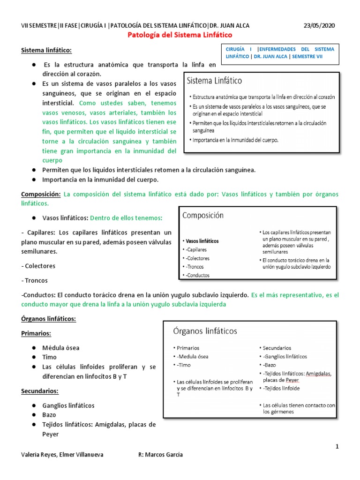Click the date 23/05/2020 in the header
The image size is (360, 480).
coord(320,25)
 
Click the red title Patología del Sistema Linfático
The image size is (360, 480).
coord(180,35)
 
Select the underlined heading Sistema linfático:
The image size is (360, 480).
coord(47,50)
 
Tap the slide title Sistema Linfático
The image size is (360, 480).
coord(215,81)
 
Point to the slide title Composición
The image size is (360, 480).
coord(202,216)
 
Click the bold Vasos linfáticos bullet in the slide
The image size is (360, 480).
coord(202,241)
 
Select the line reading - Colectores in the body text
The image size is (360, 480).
coord(38,266)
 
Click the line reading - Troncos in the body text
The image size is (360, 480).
coord(35,280)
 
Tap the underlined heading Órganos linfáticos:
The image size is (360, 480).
coord(49,319)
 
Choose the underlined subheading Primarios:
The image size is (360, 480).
coord(36,333)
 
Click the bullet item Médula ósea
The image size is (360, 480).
coord(61,348)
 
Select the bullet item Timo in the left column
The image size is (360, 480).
coord(50,357)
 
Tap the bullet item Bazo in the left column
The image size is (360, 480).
coord(49,415)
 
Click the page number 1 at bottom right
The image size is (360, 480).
coord(337,446)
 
